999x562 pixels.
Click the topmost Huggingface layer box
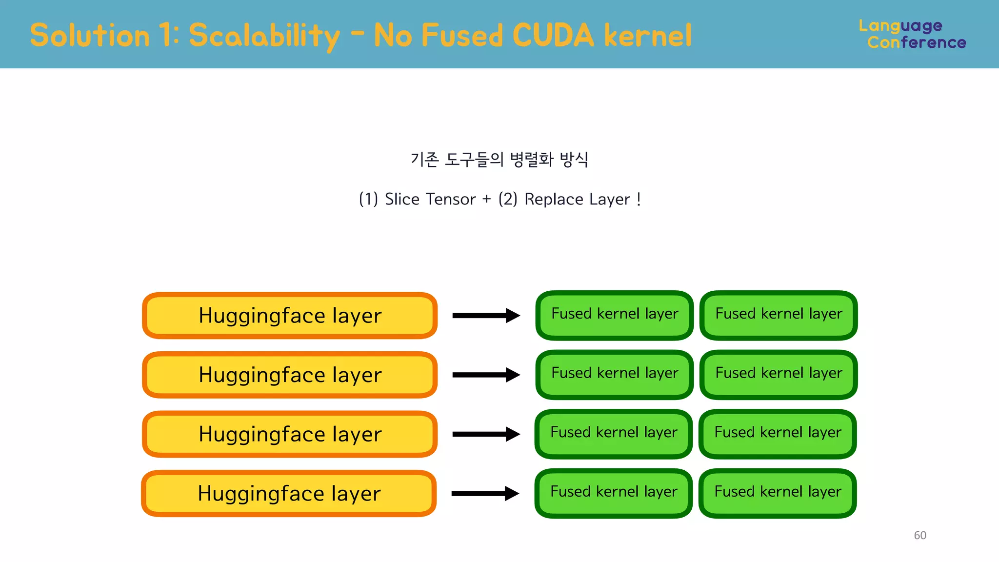click(x=290, y=316)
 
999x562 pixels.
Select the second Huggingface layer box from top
click(x=290, y=375)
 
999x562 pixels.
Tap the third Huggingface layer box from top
click(x=290, y=434)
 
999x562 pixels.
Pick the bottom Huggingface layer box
click(x=289, y=493)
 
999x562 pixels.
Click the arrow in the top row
click(x=486, y=316)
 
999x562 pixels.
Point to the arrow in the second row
click(x=486, y=375)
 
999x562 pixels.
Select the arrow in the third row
click(x=486, y=434)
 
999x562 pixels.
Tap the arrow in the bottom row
click(x=485, y=493)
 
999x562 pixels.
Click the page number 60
click(x=920, y=535)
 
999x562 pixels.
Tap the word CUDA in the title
click(x=553, y=36)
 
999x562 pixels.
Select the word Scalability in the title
click(x=264, y=36)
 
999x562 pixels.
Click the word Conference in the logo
click(x=917, y=43)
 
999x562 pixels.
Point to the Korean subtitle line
click(x=499, y=159)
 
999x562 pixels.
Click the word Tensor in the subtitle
click(x=450, y=199)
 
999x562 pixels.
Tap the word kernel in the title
click(x=648, y=36)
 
